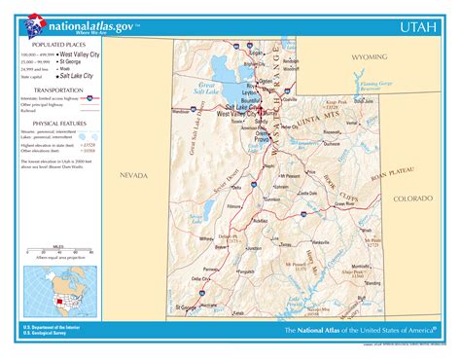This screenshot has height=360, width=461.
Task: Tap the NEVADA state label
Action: (133, 175)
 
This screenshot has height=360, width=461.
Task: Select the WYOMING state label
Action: (369, 57)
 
